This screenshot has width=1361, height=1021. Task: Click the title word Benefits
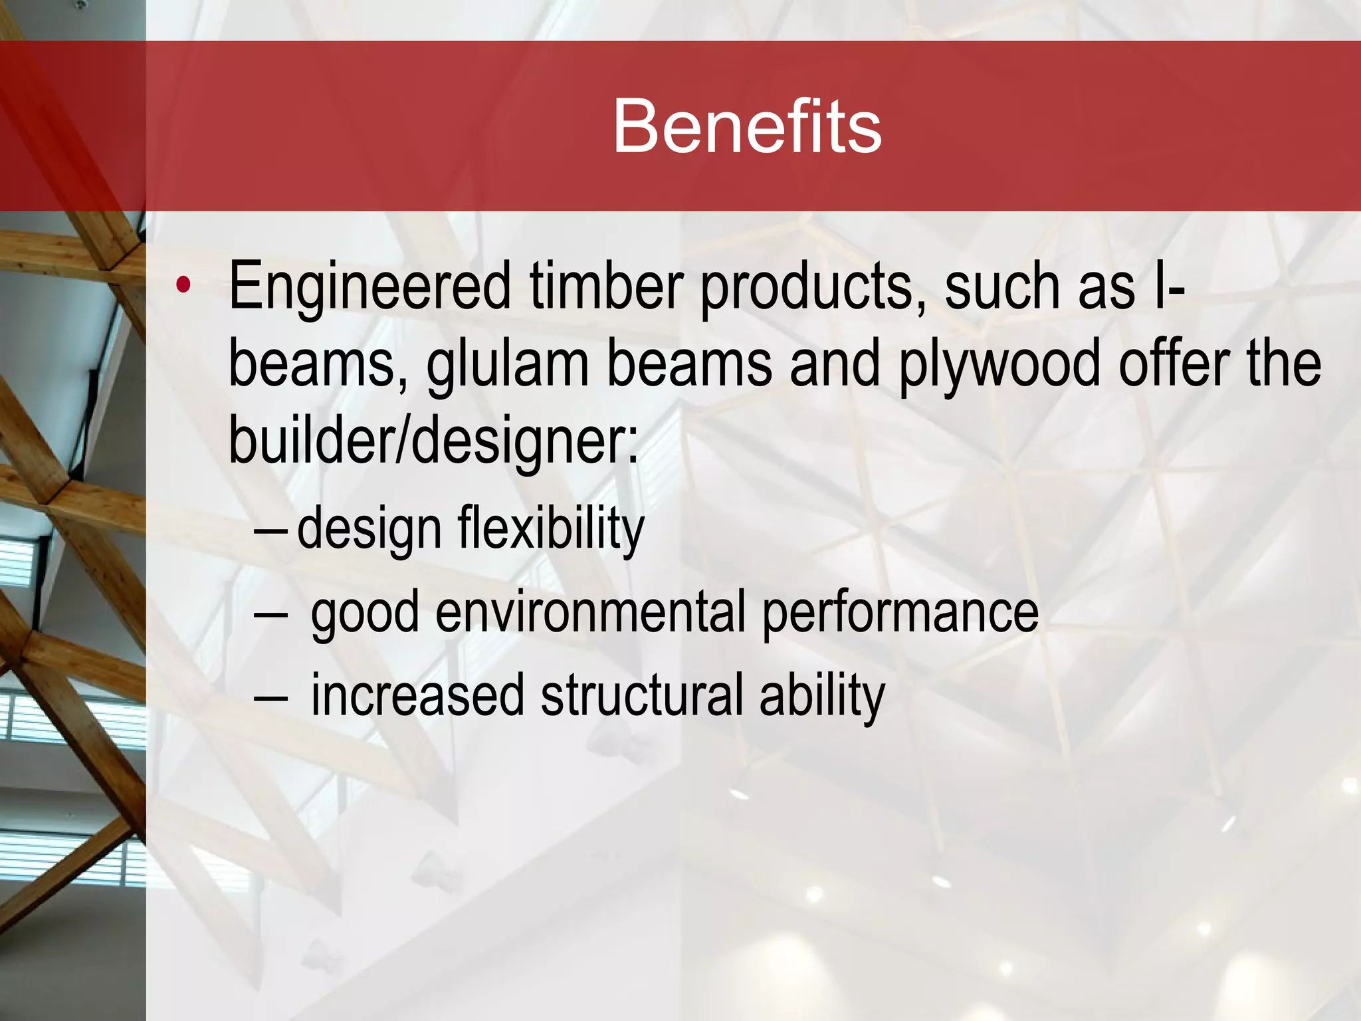pos(747,126)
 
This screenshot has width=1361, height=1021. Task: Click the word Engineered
pos(369,287)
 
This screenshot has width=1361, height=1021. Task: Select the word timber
pos(606,287)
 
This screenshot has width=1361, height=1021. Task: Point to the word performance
pos(900,612)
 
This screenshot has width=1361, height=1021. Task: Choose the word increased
pos(417,695)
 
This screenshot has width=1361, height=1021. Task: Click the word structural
pos(641,695)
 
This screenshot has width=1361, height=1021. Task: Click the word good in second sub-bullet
pos(365,612)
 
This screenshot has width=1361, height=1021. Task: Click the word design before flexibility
pos(369,529)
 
